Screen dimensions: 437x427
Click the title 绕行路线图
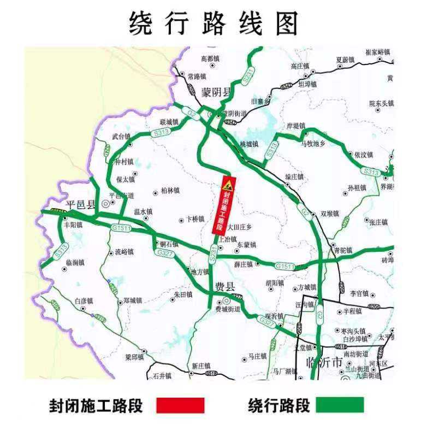tap(213, 23)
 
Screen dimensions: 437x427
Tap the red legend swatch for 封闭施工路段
tap(180, 405)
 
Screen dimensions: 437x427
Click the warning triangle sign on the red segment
tap(228, 182)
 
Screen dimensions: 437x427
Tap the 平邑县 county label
tap(80, 204)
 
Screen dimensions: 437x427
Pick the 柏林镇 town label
tap(170, 191)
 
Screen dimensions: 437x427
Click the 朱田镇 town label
tap(183, 294)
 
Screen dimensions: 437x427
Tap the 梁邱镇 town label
tap(134, 357)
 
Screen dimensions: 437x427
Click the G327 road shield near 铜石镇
tap(163, 253)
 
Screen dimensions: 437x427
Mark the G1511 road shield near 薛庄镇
tap(285, 266)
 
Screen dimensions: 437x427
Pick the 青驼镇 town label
tap(343, 251)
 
